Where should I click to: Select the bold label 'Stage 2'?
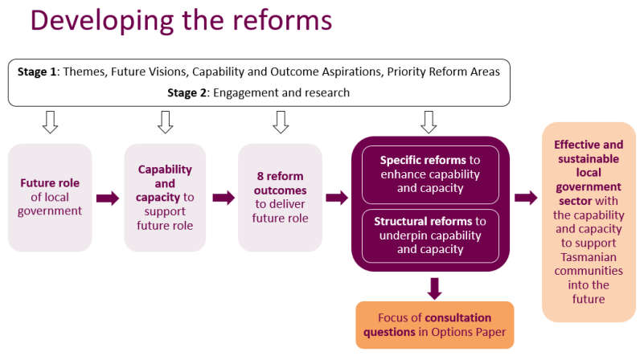[188, 92]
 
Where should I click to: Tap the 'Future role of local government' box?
[51, 198]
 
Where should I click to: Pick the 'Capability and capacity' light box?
[165, 198]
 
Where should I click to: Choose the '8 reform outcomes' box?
[280, 198]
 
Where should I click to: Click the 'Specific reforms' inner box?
[430, 174]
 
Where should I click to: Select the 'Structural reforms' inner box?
[430, 235]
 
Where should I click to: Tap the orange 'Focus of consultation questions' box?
[434, 325]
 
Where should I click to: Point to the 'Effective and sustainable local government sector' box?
[589, 222]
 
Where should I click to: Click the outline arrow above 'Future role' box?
[51, 122]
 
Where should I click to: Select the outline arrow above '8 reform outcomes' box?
[281, 122]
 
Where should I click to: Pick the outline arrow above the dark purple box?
[429, 122]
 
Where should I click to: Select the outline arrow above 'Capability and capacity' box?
[166, 122]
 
